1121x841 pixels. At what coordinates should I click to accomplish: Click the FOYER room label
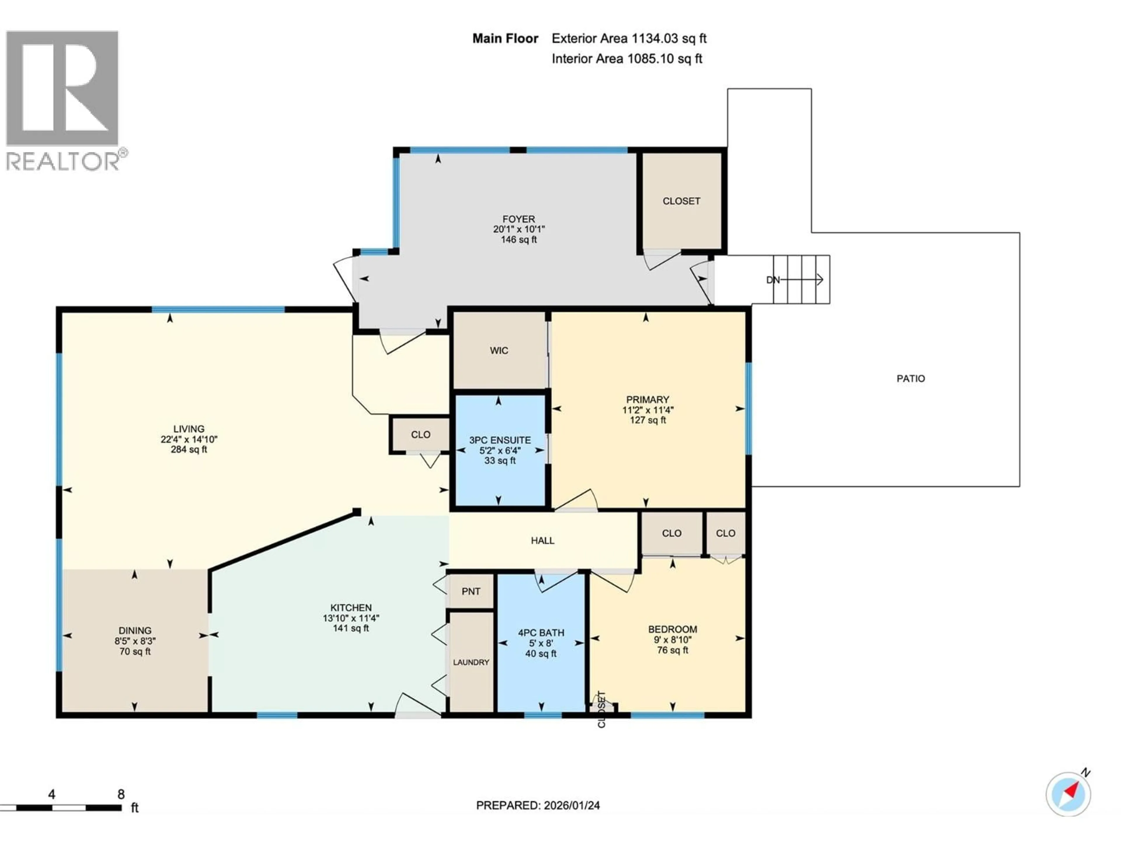[518, 219]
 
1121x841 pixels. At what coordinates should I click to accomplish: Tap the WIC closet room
[499, 350]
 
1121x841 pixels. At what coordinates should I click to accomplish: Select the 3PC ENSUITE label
[500, 440]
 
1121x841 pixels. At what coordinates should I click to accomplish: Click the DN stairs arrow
[801, 279]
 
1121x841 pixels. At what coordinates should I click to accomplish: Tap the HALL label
[542, 541]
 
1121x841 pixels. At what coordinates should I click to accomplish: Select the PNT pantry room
[471, 591]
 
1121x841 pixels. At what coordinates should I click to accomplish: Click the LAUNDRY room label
[471, 662]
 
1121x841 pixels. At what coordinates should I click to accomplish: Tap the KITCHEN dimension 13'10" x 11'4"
[351, 618]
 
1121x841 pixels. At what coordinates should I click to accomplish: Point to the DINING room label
[135, 630]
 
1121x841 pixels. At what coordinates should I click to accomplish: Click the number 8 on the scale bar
[121, 794]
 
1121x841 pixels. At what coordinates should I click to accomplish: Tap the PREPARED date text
[538, 805]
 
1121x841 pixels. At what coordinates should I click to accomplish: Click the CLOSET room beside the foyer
[681, 201]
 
